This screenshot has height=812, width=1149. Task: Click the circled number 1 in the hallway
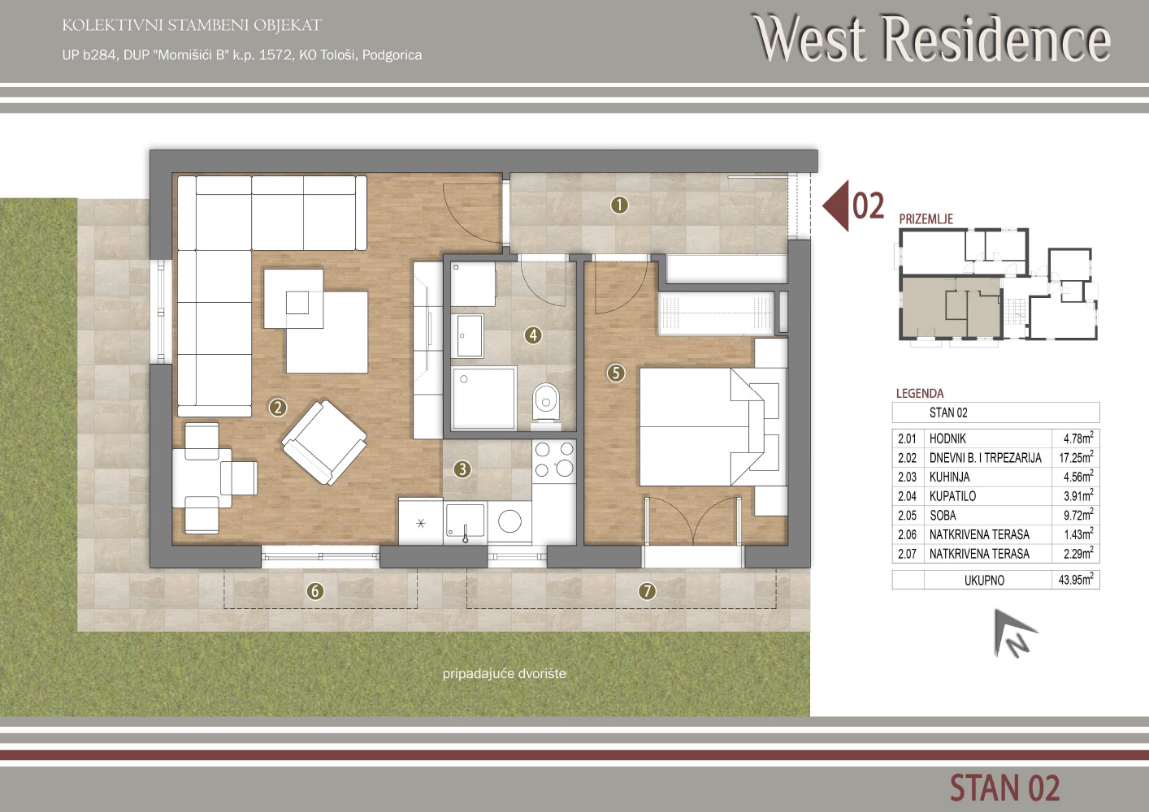619,205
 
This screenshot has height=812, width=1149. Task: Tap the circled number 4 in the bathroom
533,335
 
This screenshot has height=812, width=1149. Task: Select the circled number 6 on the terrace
315,591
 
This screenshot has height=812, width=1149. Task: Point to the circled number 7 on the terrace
647,591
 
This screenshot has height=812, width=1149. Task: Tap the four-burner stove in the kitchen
554,460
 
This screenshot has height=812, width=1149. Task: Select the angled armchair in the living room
324,442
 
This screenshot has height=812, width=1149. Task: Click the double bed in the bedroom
701,426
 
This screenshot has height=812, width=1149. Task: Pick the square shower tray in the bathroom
484,398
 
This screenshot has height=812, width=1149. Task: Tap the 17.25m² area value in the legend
1076,456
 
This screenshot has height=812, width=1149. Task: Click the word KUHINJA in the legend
949,477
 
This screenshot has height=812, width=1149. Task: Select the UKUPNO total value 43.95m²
1076,579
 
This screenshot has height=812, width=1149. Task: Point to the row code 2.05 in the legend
907,515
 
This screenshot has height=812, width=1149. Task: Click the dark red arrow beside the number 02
835,205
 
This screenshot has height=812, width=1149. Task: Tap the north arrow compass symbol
1012,633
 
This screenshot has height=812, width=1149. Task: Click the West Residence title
931,39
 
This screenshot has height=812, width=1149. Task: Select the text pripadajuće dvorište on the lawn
505,674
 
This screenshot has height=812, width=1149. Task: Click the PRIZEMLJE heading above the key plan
926,219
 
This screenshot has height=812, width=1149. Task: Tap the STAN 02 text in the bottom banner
1005,788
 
